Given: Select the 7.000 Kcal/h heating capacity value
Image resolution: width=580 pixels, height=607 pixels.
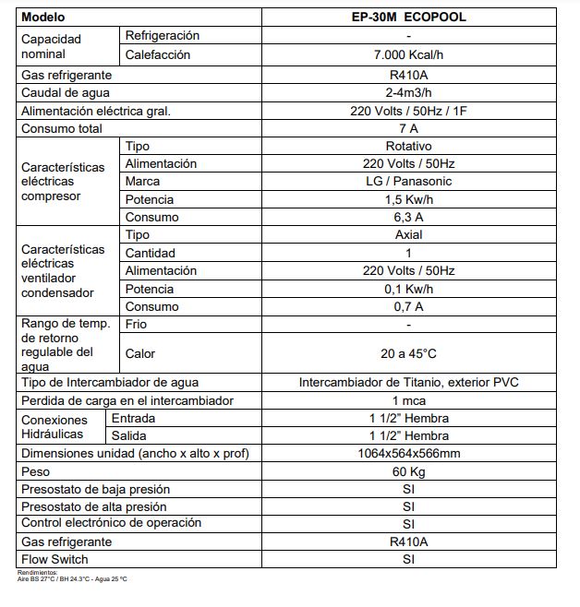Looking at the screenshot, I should pyautogui.click(x=407, y=54).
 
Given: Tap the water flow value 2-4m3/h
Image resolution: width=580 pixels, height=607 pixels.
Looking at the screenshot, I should pyautogui.click(x=407, y=92).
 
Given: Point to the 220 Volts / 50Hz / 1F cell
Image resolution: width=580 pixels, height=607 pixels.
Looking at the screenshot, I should pyautogui.click(x=407, y=111).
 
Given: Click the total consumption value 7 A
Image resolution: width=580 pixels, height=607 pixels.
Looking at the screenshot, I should pyautogui.click(x=407, y=128).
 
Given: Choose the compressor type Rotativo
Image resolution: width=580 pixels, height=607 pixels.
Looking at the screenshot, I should pyautogui.click(x=407, y=146).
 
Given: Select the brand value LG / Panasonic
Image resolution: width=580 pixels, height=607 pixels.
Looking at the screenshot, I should pyautogui.click(x=407, y=182).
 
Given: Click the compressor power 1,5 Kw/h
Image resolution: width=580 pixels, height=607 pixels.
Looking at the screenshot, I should pyautogui.click(x=407, y=199).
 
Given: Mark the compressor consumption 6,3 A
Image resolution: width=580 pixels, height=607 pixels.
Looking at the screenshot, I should pyautogui.click(x=407, y=217).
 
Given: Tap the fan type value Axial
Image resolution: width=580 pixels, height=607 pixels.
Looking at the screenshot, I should pyautogui.click(x=407, y=234).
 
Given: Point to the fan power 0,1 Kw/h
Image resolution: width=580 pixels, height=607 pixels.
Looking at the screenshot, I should pyautogui.click(x=407, y=289).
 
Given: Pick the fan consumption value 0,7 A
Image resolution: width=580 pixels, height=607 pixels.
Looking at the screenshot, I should pyautogui.click(x=407, y=306).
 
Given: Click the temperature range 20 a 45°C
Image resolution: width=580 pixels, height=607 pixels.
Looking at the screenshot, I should pyautogui.click(x=407, y=353).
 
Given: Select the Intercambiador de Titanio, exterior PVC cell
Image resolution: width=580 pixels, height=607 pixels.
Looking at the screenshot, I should pyautogui.click(x=407, y=382).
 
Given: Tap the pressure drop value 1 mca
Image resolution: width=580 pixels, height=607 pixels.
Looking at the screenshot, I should pyautogui.click(x=407, y=400).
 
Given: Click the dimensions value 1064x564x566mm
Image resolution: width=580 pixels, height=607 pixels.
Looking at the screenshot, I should pyautogui.click(x=407, y=453).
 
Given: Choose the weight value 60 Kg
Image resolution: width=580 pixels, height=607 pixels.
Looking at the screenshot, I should pyautogui.click(x=407, y=471).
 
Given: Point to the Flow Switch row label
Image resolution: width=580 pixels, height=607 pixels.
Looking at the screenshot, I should pyautogui.click(x=54, y=559).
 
